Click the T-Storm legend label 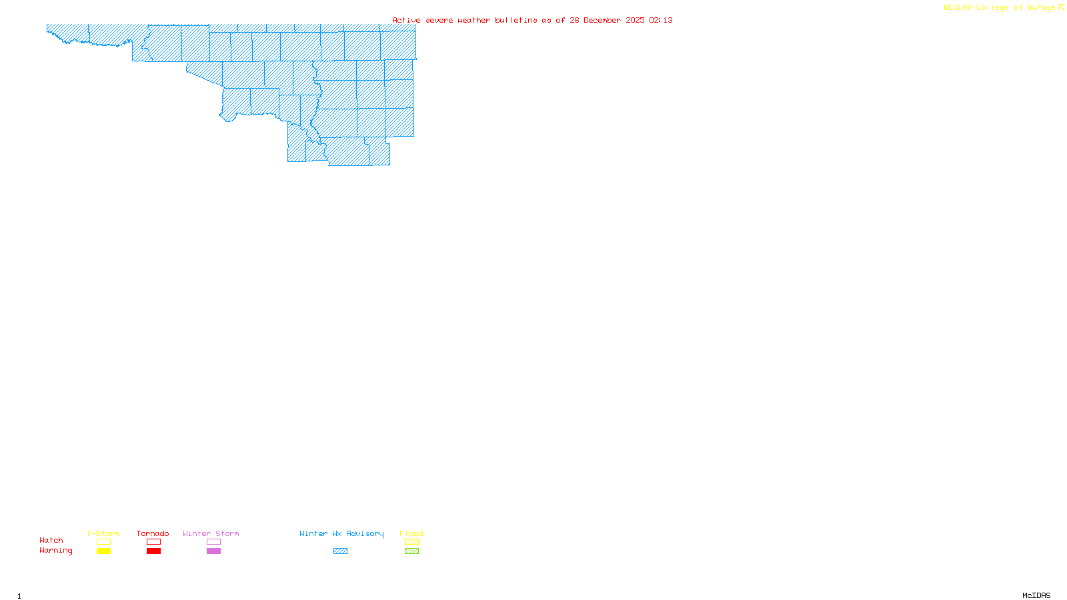tap(103, 533)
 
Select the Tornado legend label tap(153, 533)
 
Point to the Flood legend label tap(411, 533)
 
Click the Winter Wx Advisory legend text tap(341, 533)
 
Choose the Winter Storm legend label tap(211, 533)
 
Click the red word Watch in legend tap(51, 540)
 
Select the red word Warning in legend tap(56, 551)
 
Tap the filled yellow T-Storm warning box tap(103, 551)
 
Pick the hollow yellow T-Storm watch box tap(103, 542)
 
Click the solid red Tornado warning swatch tap(154, 551)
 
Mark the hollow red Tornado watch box tap(154, 542)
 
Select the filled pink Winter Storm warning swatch tap(213, 551)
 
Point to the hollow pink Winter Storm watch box tap(213, 542)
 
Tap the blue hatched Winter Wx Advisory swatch tap(340, 551)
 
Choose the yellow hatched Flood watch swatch tap(412, 542)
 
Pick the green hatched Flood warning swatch tap(412, 551)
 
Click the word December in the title tap(602, 20)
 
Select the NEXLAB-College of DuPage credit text tap(1000, 8)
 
